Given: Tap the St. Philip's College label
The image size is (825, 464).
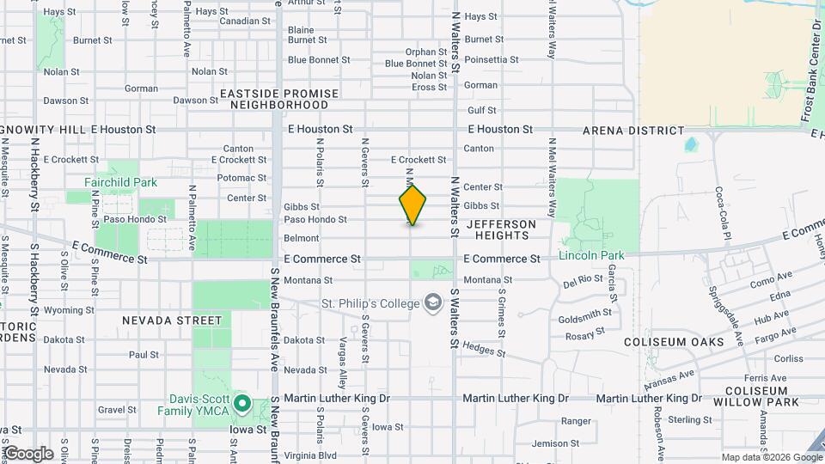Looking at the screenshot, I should click(x=370, y=303).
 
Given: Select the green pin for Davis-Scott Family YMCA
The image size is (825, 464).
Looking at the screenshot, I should click(x=242, y=403).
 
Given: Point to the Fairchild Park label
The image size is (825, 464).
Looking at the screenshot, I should click(x=120, y=182).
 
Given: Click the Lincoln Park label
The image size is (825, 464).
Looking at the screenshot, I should click(x=591, y=255).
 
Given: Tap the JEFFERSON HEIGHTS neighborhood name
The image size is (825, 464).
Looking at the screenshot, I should click(x=501, y=229).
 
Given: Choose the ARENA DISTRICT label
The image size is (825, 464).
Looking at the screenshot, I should click(x=633, y=131).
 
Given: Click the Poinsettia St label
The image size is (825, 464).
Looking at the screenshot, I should click(x=492, y=60).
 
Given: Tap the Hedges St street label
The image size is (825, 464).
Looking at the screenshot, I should click(x=484, y=348).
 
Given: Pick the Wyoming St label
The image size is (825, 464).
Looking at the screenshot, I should click(x=63, y=310).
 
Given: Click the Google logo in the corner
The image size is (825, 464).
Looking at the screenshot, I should click(x=27, y=454).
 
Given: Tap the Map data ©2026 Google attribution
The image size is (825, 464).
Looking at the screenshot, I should click(x=772, y=457).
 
